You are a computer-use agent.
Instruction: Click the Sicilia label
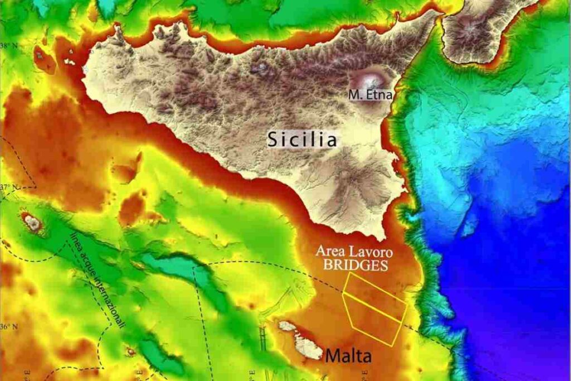pos(302,139)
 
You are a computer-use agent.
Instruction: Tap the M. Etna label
pos(371,95)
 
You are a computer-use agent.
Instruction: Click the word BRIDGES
pos(356,265)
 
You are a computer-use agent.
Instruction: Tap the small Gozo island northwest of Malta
pos(287,326)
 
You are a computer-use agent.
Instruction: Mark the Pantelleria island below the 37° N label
pos(32,222)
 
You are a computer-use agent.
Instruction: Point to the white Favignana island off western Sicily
pos(69,61)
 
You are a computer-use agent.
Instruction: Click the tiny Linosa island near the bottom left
pos(131,351)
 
